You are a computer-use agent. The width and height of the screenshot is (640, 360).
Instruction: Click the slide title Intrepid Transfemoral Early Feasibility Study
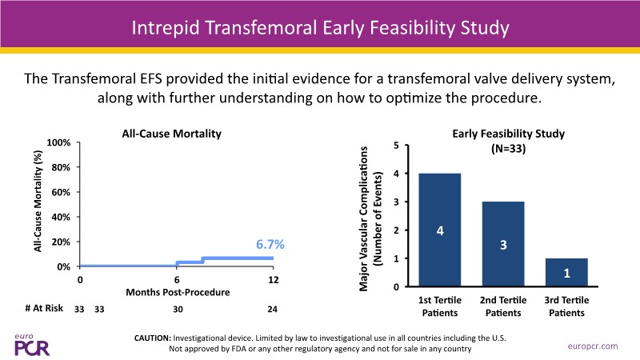320,30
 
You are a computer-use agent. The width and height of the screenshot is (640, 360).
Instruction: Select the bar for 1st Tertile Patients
440,230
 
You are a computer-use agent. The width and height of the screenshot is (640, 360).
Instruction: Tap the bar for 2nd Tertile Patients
504,243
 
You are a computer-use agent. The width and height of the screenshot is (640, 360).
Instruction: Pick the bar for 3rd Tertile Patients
567,272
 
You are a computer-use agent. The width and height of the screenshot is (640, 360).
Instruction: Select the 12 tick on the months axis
273,279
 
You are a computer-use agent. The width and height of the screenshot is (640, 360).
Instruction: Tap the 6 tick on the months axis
177,279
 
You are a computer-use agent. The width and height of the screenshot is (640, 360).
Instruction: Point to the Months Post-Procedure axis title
177,292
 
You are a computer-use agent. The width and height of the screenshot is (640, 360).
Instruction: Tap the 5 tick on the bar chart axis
397,146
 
